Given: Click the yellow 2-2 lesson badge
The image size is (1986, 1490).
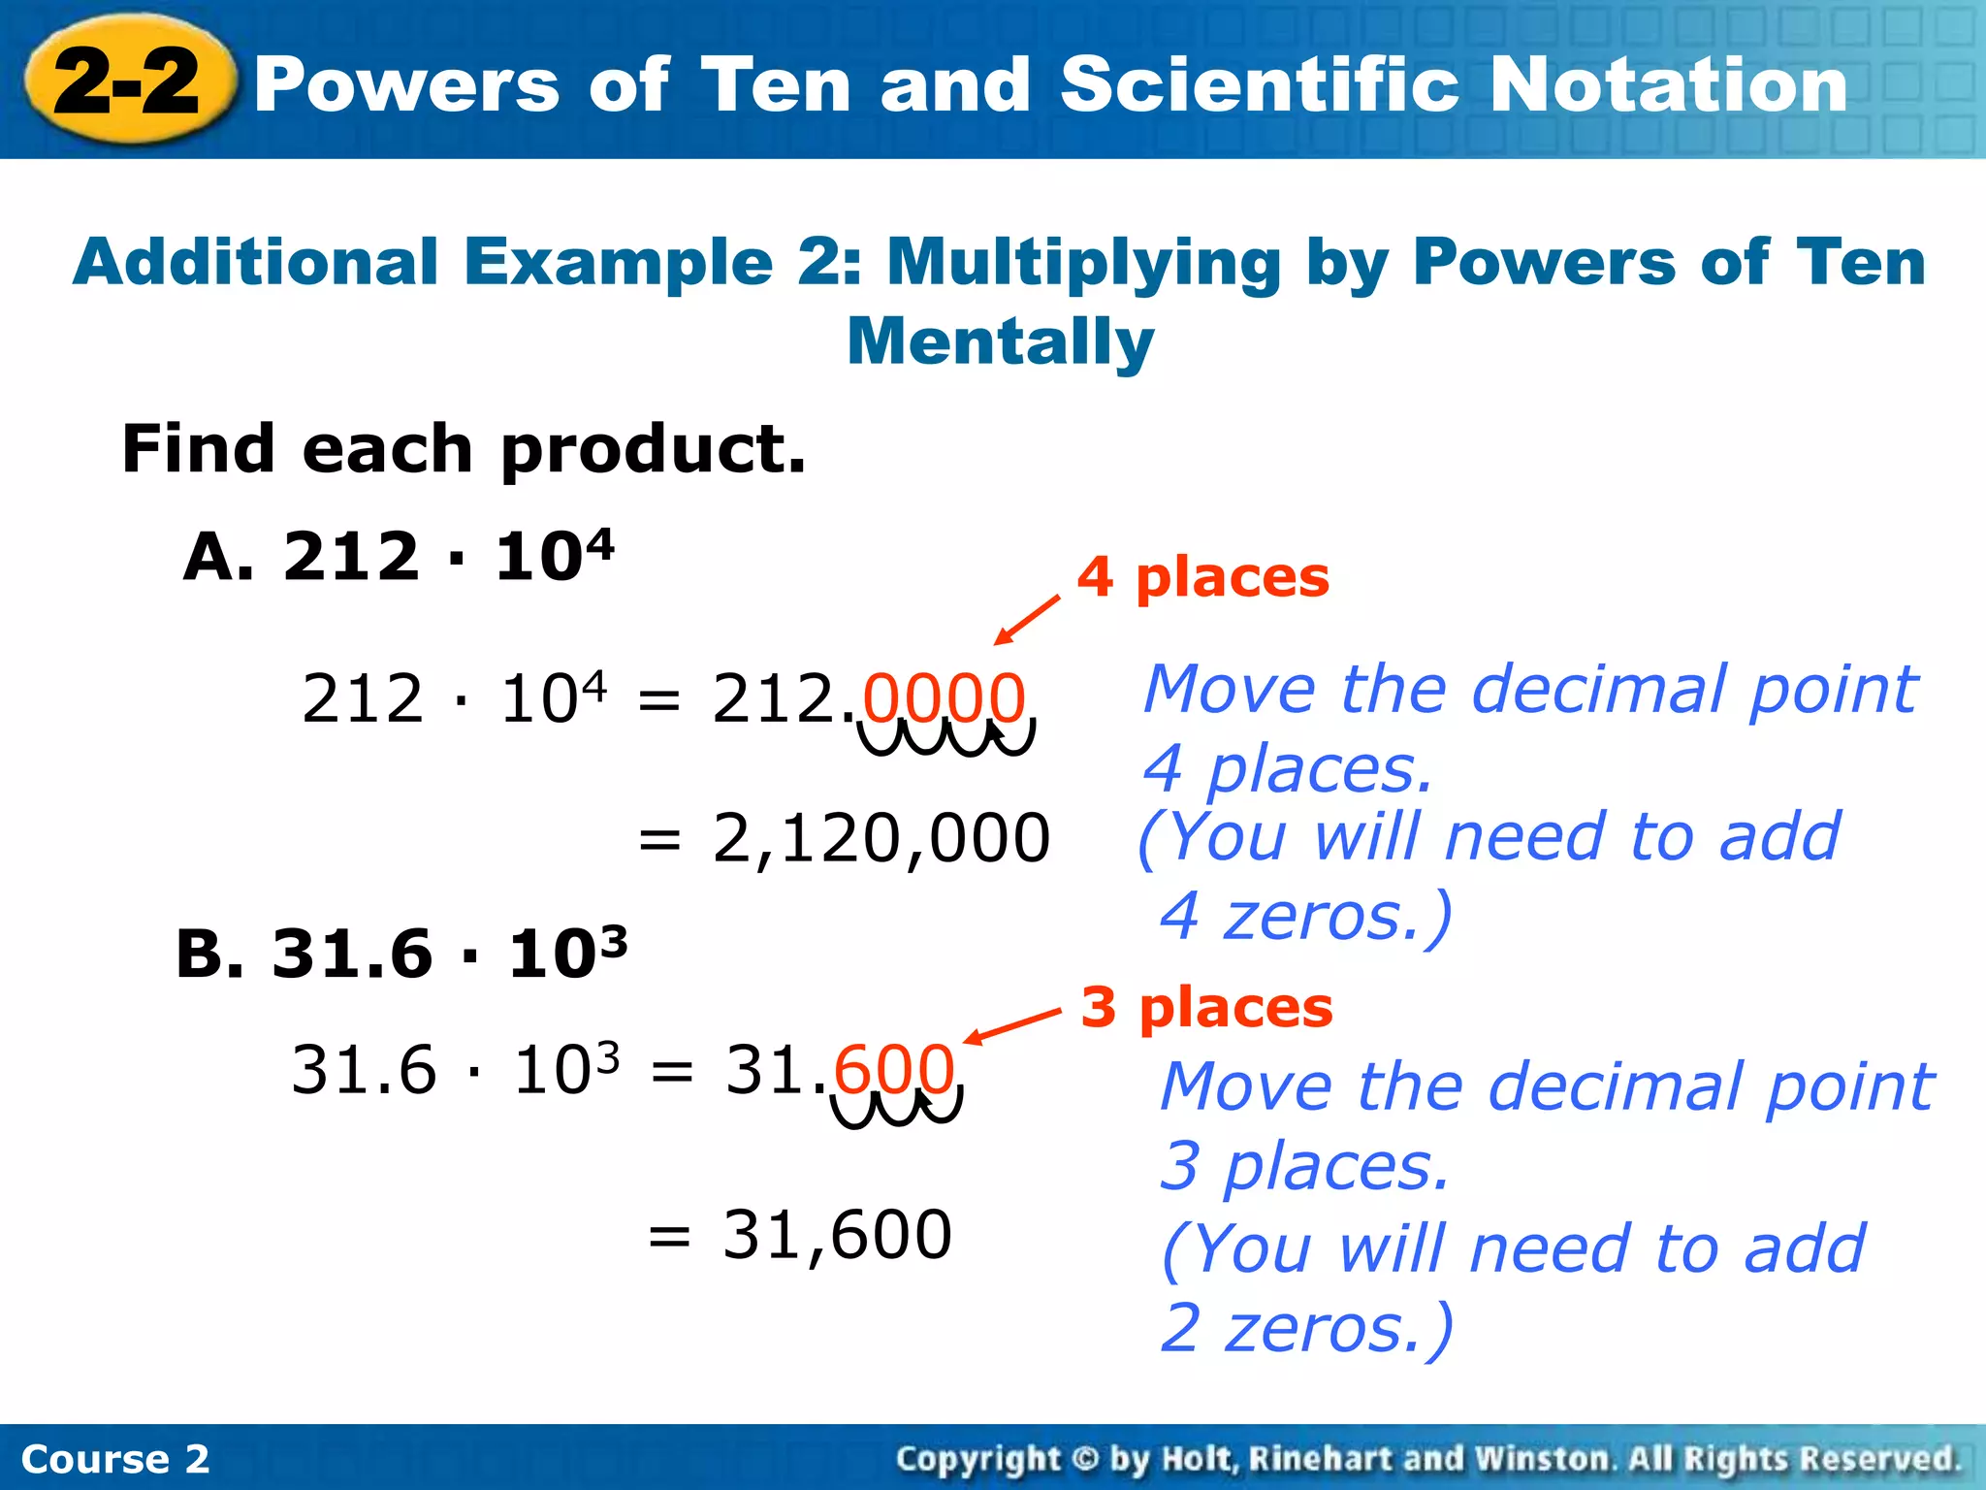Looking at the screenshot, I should tap(128, 81).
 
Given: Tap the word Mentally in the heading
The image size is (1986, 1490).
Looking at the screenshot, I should tap(1000, 341).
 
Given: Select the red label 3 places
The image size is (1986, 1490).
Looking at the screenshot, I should tap(1206, 1007).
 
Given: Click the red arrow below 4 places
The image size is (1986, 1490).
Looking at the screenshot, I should tap(1027, 619).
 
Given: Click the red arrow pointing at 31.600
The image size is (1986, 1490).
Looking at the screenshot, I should tap(1012, 1026).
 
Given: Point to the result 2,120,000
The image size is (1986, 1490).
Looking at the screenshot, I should tap(881, 839).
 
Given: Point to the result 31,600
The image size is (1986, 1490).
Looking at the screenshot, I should tap(837, 1235).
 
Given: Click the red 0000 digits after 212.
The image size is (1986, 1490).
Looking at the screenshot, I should tap(944, 698).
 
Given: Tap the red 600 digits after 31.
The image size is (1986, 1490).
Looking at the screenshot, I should tap(894, 1070).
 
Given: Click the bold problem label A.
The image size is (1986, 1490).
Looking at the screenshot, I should tap(217, 557).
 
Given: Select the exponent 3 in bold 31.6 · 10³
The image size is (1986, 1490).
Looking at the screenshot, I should tap(613, 940).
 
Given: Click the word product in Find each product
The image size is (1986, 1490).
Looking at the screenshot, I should tap(653, 450).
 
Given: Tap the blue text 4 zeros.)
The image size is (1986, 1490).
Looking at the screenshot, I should tap(1305, 917).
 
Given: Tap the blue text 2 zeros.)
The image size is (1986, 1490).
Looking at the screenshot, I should tap(1306, 1328).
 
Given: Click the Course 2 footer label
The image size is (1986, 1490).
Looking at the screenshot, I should tap(114, 1459).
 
